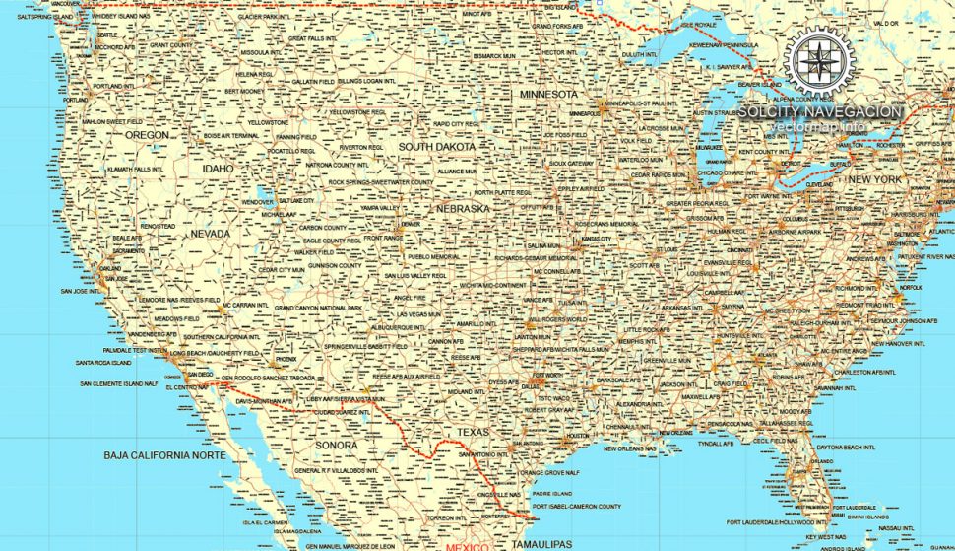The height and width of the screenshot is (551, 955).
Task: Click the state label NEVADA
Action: point(211,234)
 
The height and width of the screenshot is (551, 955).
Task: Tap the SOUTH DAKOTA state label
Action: point(436,147)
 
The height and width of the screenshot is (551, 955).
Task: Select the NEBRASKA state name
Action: point(463,209)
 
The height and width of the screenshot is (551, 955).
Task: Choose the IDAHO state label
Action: point(219,169)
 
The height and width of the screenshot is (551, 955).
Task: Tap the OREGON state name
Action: point(148,134)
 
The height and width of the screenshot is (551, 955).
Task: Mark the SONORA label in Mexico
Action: point(337,446)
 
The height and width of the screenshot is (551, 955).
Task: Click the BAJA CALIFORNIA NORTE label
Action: point(164,455)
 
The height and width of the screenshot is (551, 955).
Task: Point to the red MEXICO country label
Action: point(467,546)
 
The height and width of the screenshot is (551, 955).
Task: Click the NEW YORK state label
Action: point(874,179)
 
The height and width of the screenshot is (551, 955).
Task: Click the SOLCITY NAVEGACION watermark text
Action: point(820,111)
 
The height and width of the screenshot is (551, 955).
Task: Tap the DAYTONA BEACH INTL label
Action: point(846,447)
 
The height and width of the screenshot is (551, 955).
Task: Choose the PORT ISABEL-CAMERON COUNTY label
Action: point(576,507)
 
